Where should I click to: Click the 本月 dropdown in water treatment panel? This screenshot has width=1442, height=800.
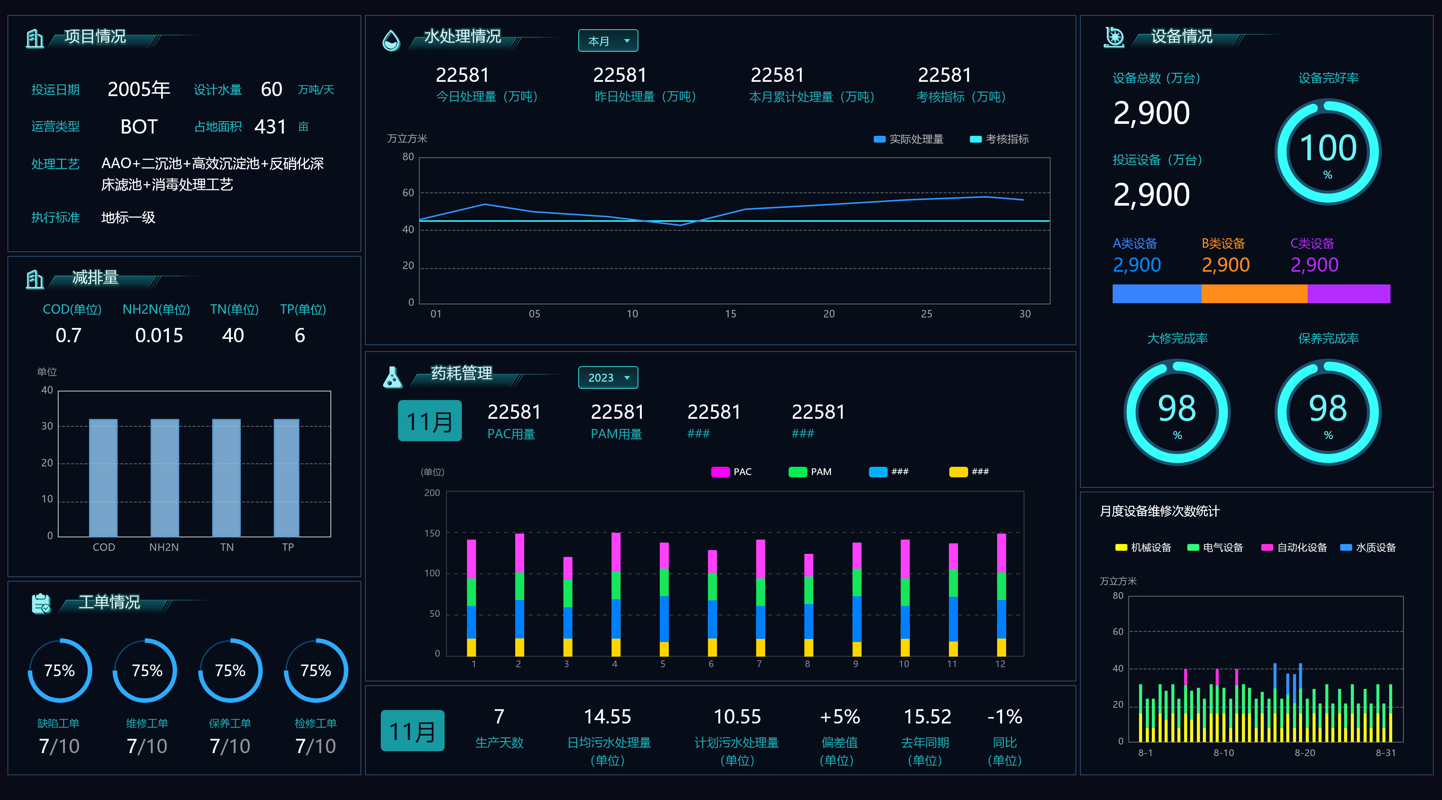click(607, 41)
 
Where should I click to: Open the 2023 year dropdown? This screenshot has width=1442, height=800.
click(607, 377)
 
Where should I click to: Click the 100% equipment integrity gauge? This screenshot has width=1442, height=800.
click(1328, 152)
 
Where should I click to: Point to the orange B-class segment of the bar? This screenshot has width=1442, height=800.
click(1254, 294)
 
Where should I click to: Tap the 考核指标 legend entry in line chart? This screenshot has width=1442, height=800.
click(999, 139)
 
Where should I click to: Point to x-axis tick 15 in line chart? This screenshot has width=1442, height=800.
click(730, 314)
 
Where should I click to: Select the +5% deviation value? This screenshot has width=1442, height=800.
click(840, 717)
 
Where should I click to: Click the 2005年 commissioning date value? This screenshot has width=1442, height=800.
click(139, 90)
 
